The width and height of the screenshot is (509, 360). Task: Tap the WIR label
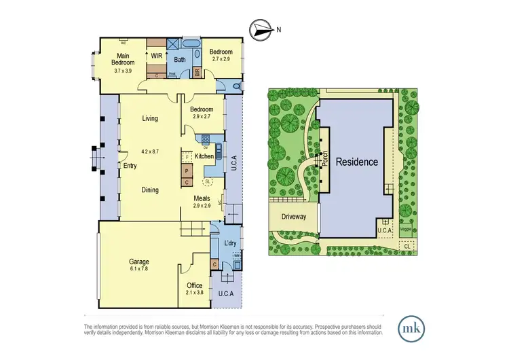pyautogui.click(x=157, y=56)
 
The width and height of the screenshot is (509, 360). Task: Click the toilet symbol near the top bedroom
pyautogui.click(x=235, y=87)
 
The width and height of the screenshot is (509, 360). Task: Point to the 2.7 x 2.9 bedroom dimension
pyautogui.click(x=221, y=60)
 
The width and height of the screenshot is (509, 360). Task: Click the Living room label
pyautogui.click(x=150, y=119)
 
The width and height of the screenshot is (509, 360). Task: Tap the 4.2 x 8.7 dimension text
pyautogui.click(x=150, y=151)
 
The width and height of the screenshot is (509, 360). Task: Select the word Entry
pyautogui.click(x=130, y=166)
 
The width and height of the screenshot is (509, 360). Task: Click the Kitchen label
pyautogui.click(x=204, y=156)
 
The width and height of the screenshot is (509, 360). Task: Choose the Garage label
pyautogui.click(x=139, y=262)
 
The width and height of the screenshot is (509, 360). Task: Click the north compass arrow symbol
pyautogui.click(x=260, y=29)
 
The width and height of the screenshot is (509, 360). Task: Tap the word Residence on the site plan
pyautogui.click(x=356, y=162)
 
